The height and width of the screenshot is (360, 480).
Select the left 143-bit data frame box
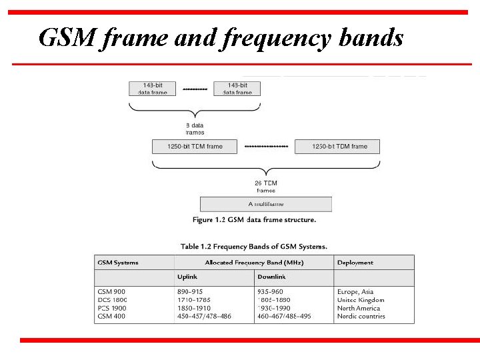point(153,89)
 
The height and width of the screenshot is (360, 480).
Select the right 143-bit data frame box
point(237,89)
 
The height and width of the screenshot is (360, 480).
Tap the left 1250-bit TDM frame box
point(195,146)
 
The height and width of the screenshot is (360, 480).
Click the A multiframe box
point(265,204)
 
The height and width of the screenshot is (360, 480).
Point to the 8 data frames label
point(195,128)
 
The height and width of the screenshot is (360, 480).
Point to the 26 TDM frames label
point(265,186)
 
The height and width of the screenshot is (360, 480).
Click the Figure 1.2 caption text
point(254,220)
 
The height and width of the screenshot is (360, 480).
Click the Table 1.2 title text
point(254,246)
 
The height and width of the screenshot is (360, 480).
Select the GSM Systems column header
point(118,263)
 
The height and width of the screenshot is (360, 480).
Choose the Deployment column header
point(355,263)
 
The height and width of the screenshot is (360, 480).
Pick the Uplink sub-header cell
point(187,277)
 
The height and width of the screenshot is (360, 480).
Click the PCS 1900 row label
point(111,308)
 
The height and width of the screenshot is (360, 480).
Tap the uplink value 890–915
point(190,291)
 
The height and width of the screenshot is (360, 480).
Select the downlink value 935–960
point(270,291)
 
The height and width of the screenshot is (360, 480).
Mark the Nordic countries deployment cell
point(361,316)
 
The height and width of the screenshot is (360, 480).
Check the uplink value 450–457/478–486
point(204,316)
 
